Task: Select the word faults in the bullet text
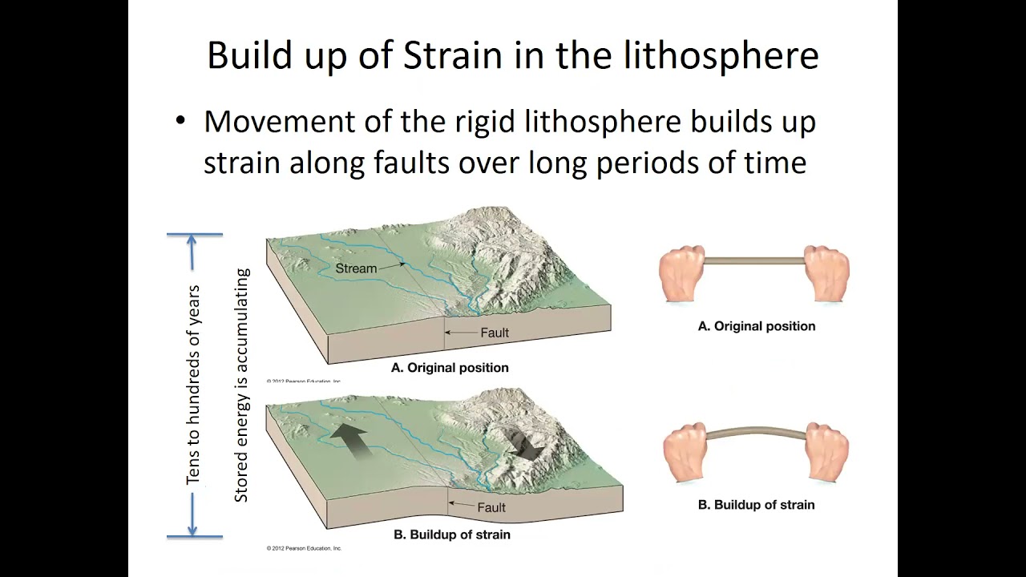pos(410,163)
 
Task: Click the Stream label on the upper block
pos(356,268)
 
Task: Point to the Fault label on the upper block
pos(494,333)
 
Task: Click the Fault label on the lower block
pos(491,507)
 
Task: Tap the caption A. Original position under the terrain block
pos(450,368)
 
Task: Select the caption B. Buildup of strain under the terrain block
pos(451,535)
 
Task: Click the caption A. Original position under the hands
pos(757,326)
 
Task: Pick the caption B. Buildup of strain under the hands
pos(757,505)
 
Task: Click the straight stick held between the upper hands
pos(753,260)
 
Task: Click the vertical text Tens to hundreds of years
pos(193,385)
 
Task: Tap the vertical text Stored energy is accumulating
pos(241,385)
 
